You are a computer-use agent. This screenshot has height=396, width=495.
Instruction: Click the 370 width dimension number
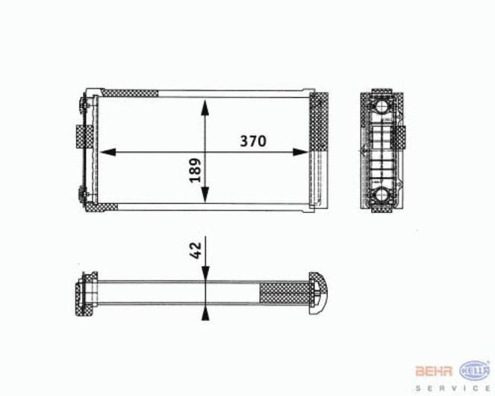tap(252, 140)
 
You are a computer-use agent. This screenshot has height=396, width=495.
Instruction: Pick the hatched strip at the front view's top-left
tap(129, 93)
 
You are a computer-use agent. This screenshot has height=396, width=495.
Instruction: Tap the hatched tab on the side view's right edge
tap(402, 137)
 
